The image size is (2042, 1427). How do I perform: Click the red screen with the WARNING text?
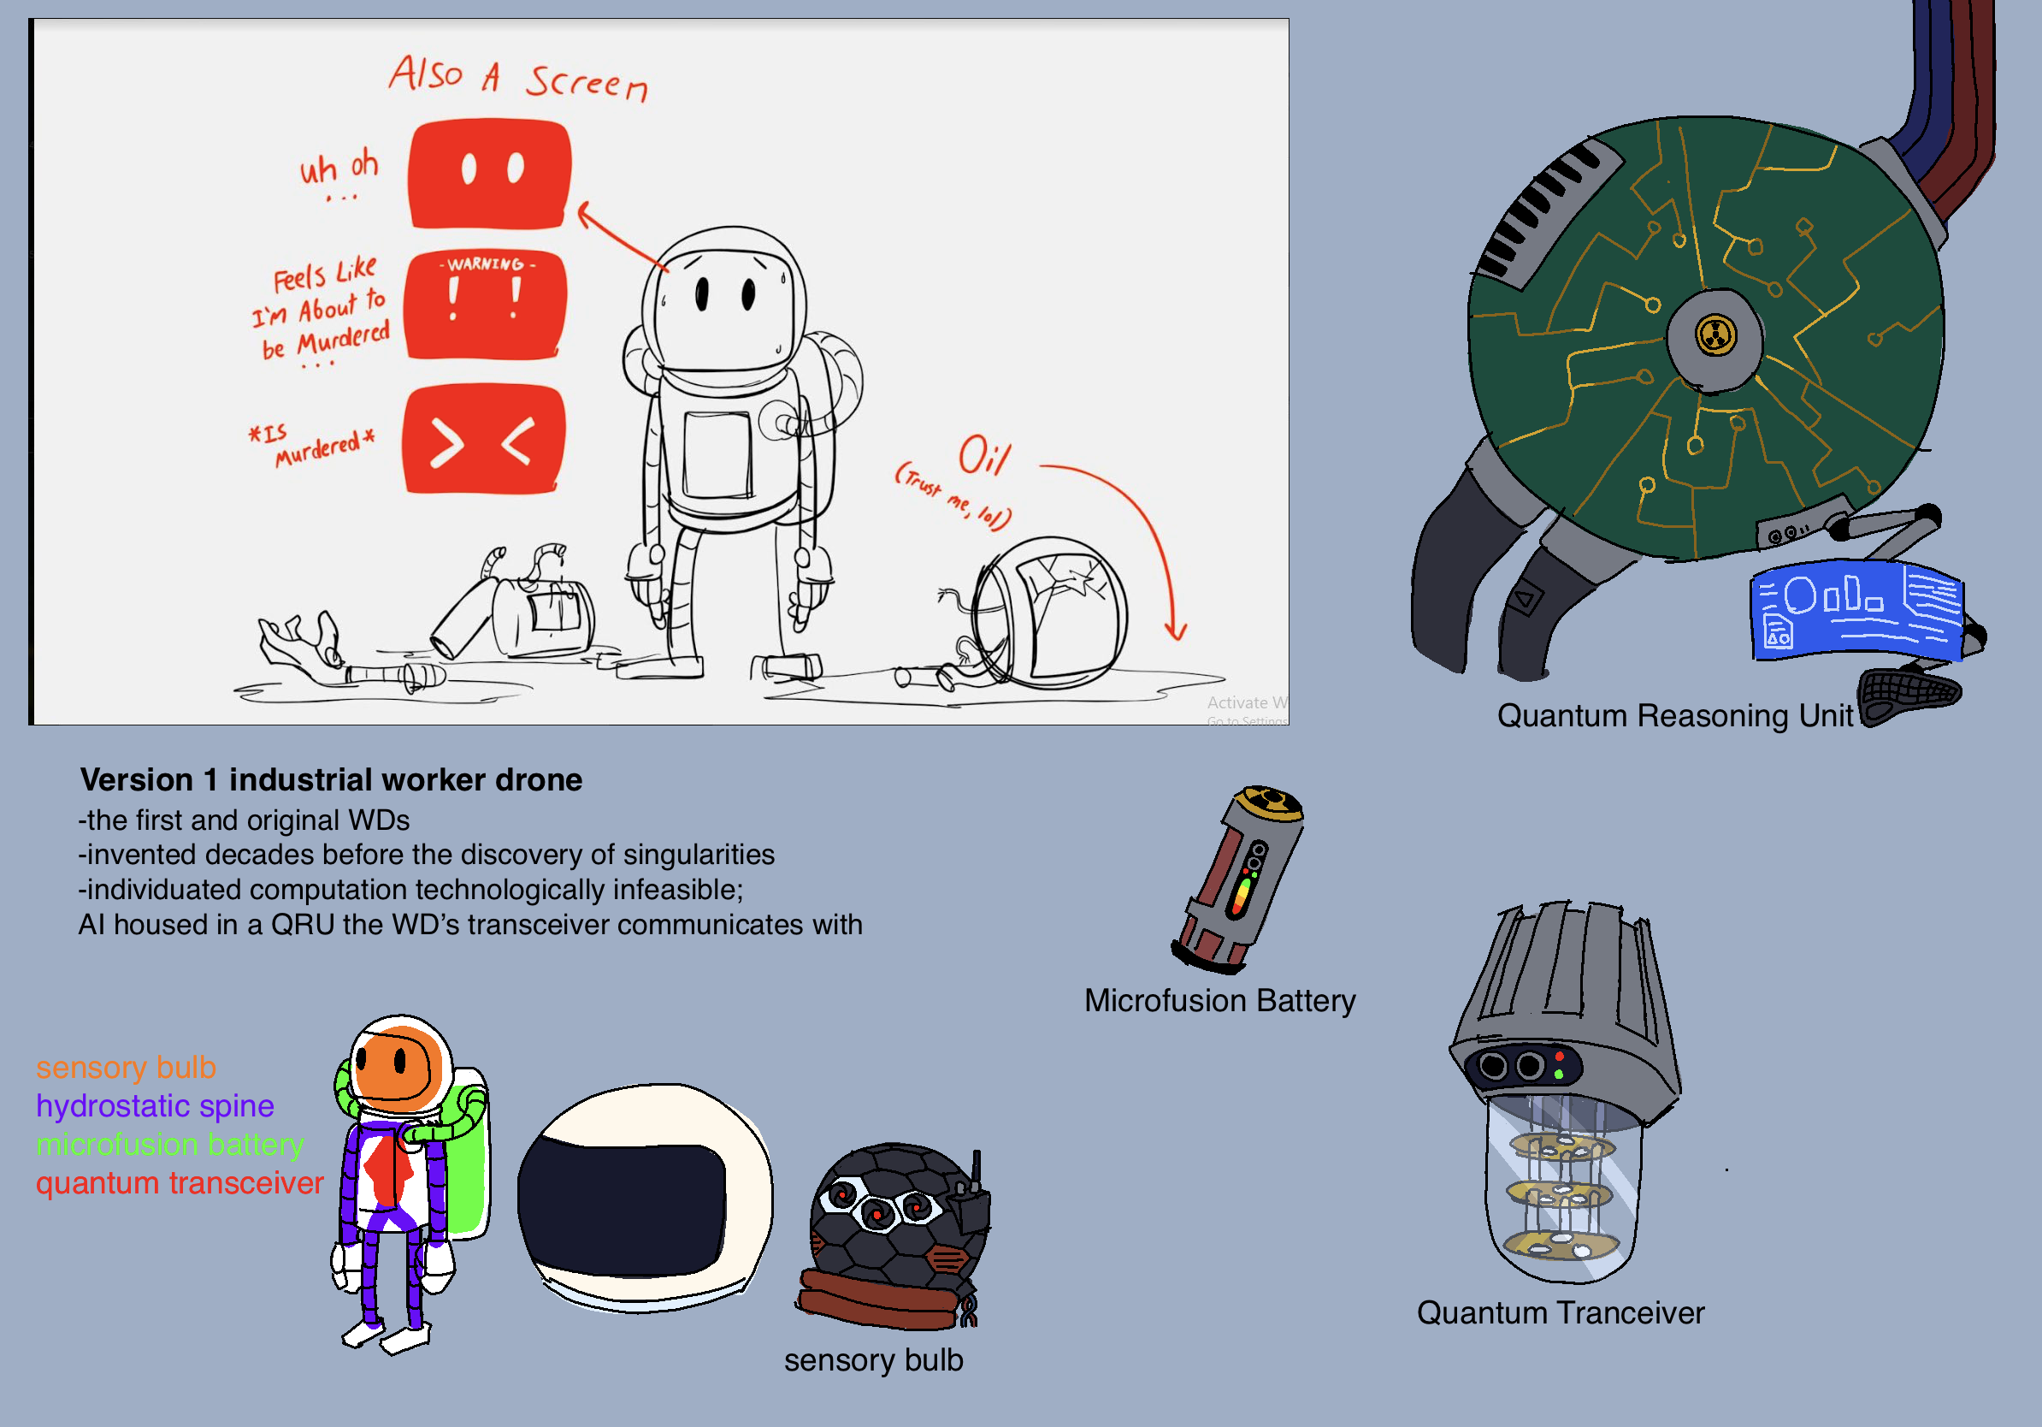[486, 305]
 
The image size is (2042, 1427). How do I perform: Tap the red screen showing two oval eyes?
[490, 174]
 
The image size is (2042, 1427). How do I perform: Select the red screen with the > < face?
[484, 439]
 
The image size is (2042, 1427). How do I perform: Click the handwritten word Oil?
[983, 455]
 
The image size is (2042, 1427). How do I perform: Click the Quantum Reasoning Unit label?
[1674, 715]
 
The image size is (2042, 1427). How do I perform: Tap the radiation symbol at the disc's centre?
[1715, 335]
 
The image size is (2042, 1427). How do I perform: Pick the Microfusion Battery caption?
[1219, 1000]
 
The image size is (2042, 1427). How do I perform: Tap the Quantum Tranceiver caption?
[1560, 1312]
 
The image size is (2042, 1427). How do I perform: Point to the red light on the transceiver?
[1560, 1056]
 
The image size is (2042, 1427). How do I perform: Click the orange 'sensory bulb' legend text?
[126, 1067]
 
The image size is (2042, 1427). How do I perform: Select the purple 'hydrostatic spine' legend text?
[155, 1106]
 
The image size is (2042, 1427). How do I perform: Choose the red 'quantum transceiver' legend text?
[180, 1182]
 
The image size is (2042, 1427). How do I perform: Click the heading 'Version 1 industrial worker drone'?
[331, 779]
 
